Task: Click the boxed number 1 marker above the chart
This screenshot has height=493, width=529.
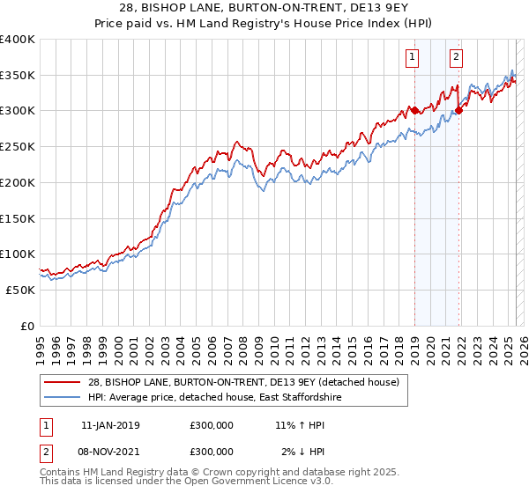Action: click(x=413, y=58)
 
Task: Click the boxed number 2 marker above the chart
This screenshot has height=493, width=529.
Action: click(x=456, y=58)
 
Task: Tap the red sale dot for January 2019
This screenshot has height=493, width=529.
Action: click(x=414, y=111)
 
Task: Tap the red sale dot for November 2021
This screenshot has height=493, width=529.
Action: click(x=458, y=111)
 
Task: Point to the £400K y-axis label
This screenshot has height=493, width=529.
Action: click(x=18, y=40)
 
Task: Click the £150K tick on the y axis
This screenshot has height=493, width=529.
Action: click(x=18, y=218)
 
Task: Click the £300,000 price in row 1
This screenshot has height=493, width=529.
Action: click(x=212, y=425)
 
